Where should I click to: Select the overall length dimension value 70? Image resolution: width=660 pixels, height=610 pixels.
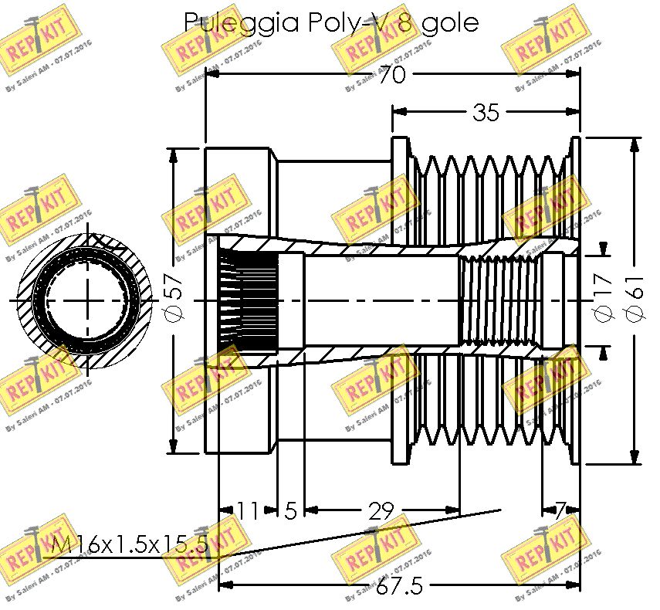[394, 75]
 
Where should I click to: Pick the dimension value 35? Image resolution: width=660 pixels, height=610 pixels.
[486, 113]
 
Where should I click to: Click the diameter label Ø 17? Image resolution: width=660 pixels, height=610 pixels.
[603, 298]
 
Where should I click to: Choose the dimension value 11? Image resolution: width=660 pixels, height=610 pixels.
[248, 510]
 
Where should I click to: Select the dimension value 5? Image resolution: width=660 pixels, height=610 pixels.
[290, 510]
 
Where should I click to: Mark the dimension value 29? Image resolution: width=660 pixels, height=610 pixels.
[381, 510]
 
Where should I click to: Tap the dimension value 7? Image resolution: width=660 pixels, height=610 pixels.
[561, 510]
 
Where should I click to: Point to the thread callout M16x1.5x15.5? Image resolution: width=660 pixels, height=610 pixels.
[124, 545]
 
